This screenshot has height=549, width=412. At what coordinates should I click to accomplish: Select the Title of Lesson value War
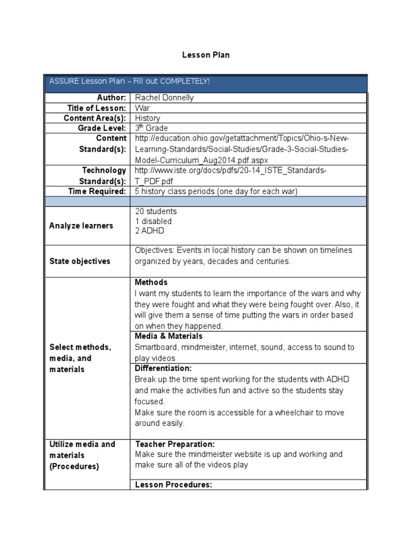pos(142,108)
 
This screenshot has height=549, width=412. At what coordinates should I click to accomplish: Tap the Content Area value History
pos(148,118)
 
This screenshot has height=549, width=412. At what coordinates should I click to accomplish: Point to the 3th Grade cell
pos(151,128)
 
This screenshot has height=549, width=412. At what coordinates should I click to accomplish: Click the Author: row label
pos(111,98)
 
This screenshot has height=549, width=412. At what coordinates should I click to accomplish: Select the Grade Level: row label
pos(101,128)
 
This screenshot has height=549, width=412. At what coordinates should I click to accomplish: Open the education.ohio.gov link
pos(241,149)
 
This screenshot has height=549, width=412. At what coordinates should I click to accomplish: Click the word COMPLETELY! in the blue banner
pos(182,81)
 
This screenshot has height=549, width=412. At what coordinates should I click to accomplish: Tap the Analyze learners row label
pos(81,226)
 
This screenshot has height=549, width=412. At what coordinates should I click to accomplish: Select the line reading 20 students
pos(156,211)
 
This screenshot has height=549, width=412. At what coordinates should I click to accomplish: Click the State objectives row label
pos(80,261)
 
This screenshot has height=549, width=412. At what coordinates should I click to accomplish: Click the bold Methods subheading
pos(151,283)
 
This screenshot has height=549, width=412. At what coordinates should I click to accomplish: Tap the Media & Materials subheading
pos(168,336)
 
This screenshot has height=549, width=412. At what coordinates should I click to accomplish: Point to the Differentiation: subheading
pos(163,368)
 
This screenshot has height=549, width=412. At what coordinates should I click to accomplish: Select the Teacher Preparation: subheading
pos(175,444)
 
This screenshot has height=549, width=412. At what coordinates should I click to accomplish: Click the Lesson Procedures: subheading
pos(174,485)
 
